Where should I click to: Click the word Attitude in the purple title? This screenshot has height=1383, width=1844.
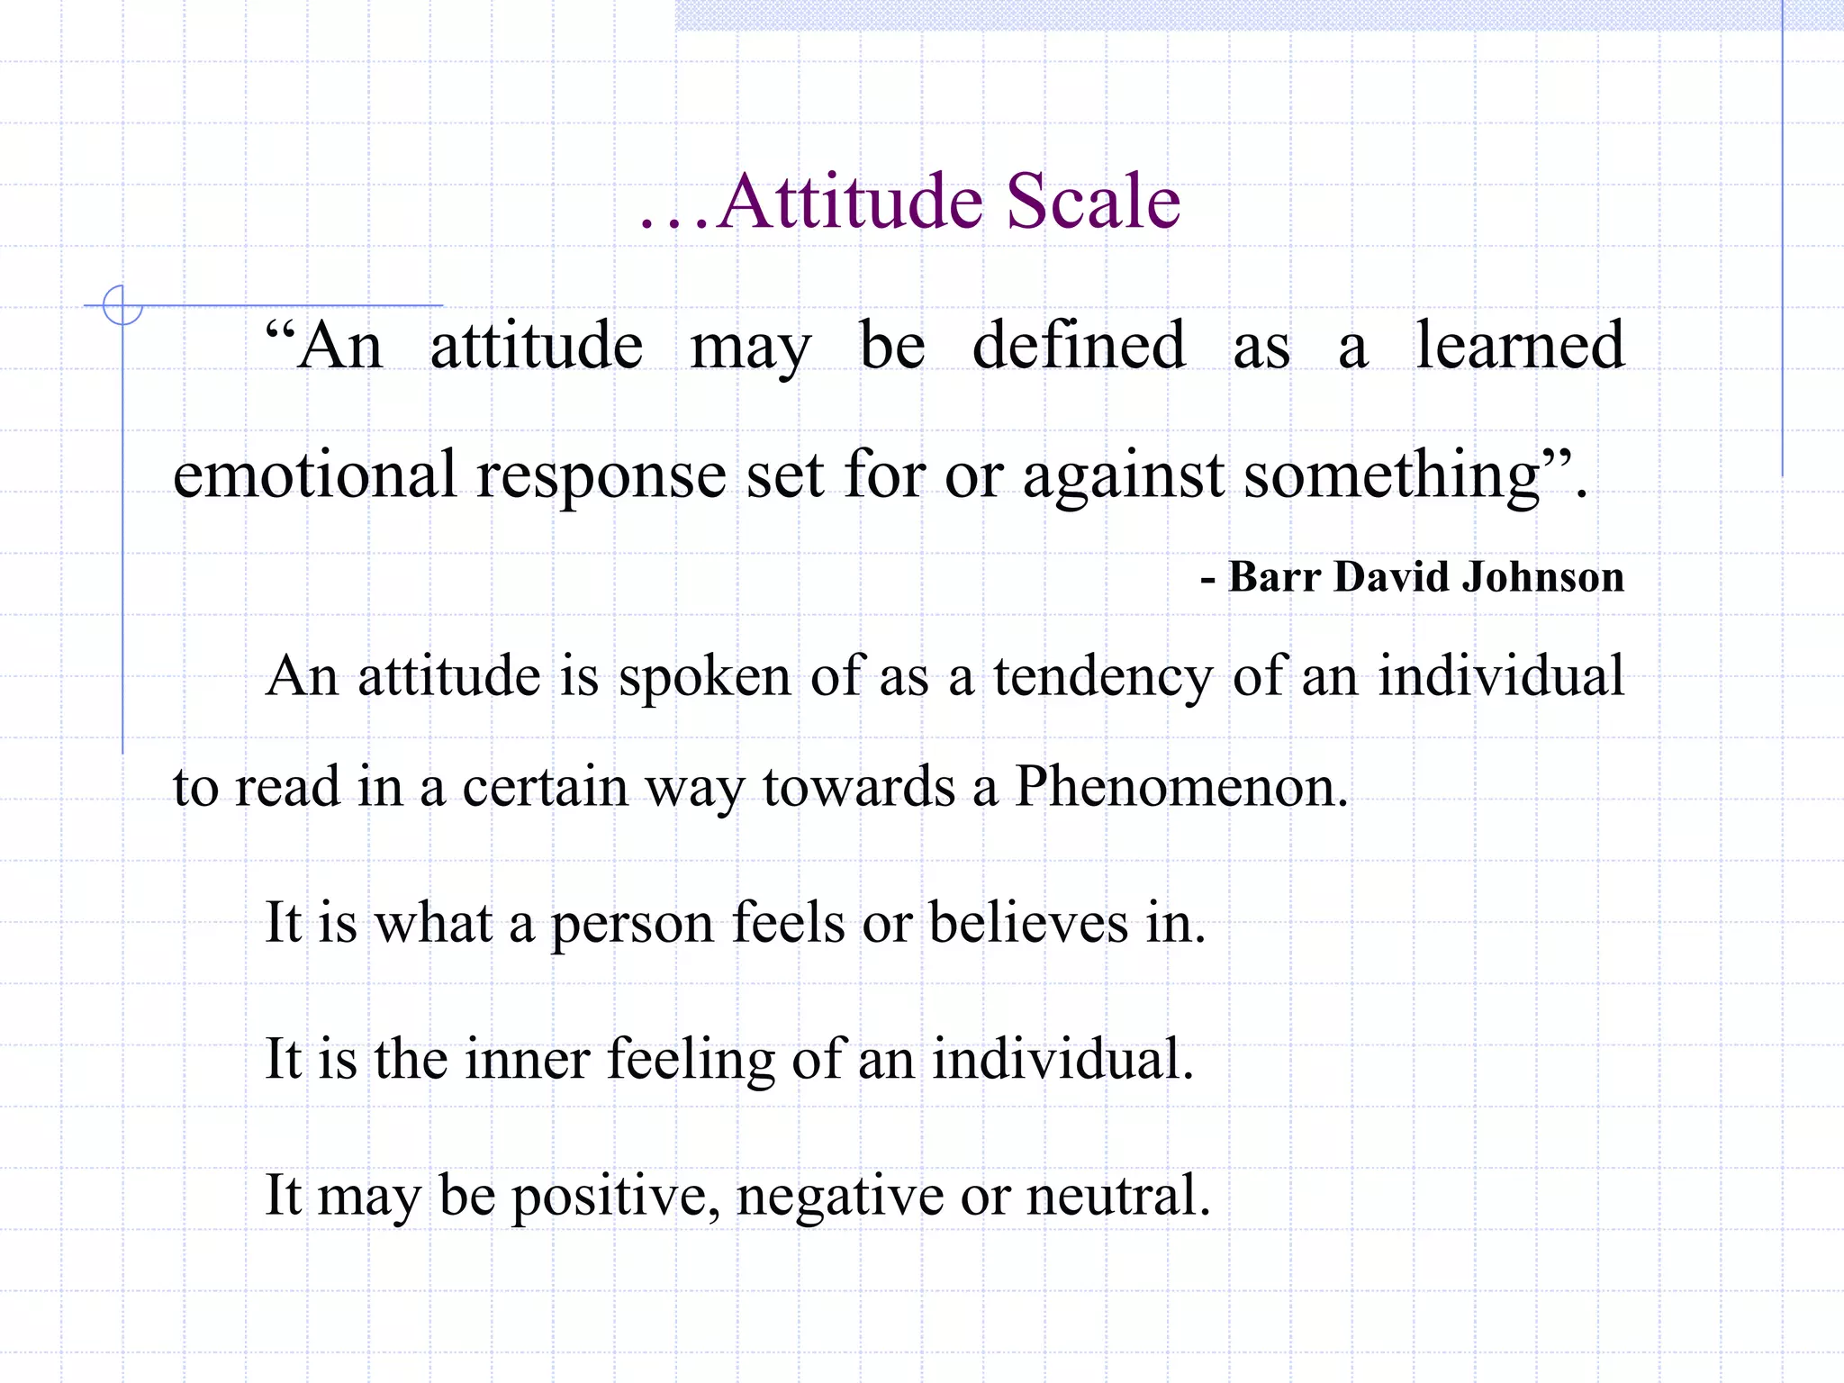click(851, 202)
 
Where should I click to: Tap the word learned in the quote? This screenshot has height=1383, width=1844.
click(1520, 346)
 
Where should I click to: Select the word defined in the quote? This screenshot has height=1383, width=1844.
click(1079, 346)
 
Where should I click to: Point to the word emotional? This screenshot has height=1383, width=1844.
click(314, 475)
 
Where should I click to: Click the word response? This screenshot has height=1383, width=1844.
click(601, 476)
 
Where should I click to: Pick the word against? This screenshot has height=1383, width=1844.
click(1122, 476)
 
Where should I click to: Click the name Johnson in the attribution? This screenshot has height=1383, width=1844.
click(1543, 577)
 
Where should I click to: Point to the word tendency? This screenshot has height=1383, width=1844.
click(1103, 677)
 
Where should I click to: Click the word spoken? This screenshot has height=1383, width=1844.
click(704, 677)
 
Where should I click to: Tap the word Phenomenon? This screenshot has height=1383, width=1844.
click(1180, 787)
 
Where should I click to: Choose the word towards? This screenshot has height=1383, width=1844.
click(858, 787)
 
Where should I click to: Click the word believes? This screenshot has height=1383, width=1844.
click(1028, 923)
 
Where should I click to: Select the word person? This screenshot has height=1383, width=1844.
click(632, 925)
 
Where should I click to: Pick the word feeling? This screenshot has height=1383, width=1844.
click(691, 1060)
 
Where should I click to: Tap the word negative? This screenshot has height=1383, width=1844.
click(839, 1197)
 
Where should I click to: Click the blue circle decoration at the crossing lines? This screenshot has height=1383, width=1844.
click(122, 305)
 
